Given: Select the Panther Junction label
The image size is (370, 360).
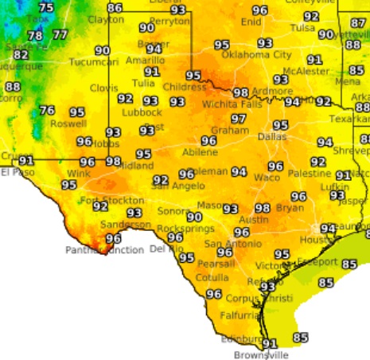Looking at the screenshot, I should (104, 250).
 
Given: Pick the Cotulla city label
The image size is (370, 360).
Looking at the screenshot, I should (211, 278).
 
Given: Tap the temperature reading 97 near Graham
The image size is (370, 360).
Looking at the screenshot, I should (238, 119).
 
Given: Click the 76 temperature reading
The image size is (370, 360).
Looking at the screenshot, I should (47, 111).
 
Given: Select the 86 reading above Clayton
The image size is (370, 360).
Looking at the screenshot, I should (115, 8).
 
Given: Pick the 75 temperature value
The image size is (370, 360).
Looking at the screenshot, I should (46, 8).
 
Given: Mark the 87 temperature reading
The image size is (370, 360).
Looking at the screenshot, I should (358, 23).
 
